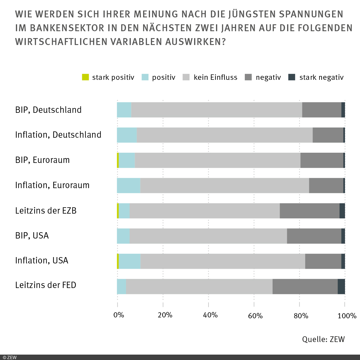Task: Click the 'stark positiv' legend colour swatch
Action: pyautogui.click(x=85, y=77)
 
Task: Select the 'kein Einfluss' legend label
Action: pyautogui.click(x=215, y=77)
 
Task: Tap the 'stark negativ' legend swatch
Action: pyautogui.click(x=292, y=77)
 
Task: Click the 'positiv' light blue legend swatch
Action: pyautogui.click(x=145, y=77)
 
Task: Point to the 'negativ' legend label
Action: pyautogui.click(x=268, y=77)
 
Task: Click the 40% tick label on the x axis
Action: pyautogui.click(x=210, y=315)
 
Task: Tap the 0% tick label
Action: pyautogui.click(x=119, y=315)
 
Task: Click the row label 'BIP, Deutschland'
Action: pyautogui.click(x=48, y=110)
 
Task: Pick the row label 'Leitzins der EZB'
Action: pyautogui.click(x=46, y=211)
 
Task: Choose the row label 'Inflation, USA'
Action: pyautogui.click(x=42, y=260)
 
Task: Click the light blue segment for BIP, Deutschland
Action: pyautogui.click(x=124, y=110)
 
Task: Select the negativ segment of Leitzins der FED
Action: pyautogui.click(x=305, y=286)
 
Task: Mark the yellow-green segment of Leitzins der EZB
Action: pyautogui.click(x=118, y=211)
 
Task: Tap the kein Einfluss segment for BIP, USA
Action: pyautogui.click(x=208, y=236)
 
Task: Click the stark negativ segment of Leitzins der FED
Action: pyautogui.click(x=341, y=286)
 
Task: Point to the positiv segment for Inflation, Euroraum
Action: pyautogui.click(x=128, y=185)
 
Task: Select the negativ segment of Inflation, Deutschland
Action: pyautogui.click(x=328, y=135)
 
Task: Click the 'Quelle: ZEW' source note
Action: pyautogui.click(x=323, y=339)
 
